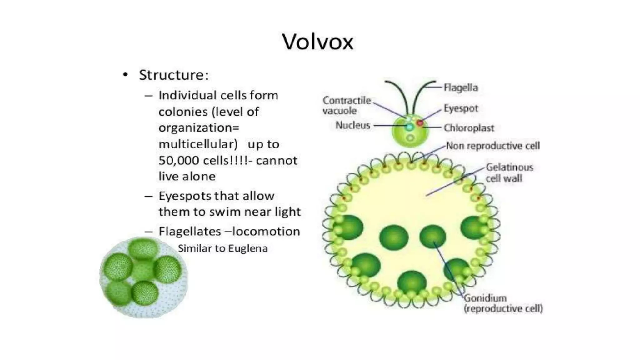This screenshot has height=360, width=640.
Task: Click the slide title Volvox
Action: point(318,42)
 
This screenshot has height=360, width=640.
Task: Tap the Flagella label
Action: point(461,87)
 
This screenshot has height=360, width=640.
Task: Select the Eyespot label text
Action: point(461,108)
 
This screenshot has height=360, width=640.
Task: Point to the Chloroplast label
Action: point(469,128)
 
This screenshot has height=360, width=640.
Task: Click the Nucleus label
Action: point(352,125)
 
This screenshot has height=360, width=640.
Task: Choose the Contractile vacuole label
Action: point(347,105)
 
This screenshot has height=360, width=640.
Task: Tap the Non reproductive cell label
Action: point(493,146)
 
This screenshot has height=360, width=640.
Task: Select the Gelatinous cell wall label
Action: point(509,172)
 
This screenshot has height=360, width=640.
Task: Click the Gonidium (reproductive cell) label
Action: point(503,303)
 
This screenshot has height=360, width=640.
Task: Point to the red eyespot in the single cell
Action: point(420,123)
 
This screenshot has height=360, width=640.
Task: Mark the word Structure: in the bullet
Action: point(174,75)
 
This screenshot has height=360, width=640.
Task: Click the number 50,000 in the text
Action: point(179,161)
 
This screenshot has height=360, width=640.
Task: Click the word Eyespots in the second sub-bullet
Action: point(183,196)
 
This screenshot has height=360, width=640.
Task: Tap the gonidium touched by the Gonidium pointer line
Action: point(432,236)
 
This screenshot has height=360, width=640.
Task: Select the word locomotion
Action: point(266,232)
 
